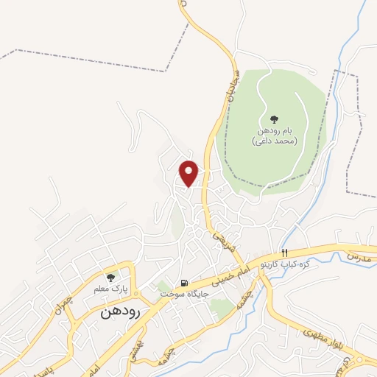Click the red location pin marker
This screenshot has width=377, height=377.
189,172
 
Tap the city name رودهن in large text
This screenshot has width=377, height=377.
117,312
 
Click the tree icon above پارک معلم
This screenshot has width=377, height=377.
110,278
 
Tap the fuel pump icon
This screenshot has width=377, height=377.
183,282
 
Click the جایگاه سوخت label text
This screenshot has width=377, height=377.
185,293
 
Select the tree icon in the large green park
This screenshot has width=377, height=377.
274,118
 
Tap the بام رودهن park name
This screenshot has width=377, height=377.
274,130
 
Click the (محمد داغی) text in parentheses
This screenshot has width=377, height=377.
274,140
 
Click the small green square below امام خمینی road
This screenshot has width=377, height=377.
222,309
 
